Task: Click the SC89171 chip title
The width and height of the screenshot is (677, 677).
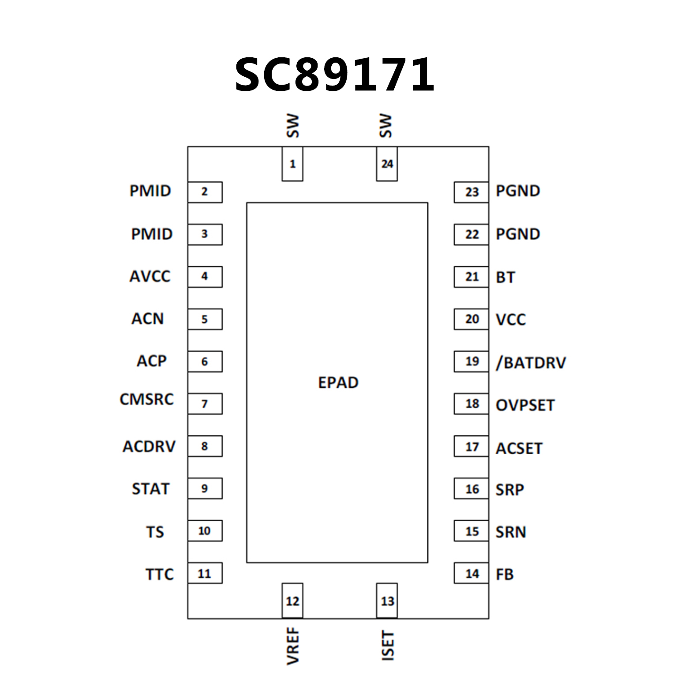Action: pos(335,75)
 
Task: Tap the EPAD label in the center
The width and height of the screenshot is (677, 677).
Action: pos(338,382)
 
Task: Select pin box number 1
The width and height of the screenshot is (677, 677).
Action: pos(292,164)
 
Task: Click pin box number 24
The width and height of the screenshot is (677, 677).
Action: pos(387,164)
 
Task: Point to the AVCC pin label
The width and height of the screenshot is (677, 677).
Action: pos(150,277)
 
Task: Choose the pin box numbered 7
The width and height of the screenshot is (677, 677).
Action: pos(205,404)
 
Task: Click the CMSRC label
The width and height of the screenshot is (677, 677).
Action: pos(147,399)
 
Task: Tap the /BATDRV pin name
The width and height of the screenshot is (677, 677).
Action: pos(531,363)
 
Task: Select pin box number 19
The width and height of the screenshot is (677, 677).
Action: pos(471,362)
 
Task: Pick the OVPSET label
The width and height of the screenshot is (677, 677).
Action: pos(525,405)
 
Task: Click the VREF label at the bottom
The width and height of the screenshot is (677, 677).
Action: pos(293,646)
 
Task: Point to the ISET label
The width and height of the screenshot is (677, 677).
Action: pos(387,645)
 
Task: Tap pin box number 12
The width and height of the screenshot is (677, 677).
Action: pos(292,601)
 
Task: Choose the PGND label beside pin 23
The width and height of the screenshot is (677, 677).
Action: pos(518,191)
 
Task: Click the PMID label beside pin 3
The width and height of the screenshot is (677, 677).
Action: pos(152,234)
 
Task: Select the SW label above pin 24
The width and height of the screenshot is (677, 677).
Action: pos(385,126)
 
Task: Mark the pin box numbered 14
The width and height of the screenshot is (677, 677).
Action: pos(471,573)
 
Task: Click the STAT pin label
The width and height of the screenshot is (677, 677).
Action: pos(150,489)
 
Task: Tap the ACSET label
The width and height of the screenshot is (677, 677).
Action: pos(519,448)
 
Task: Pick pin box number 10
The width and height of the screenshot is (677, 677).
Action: pos(205,531)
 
